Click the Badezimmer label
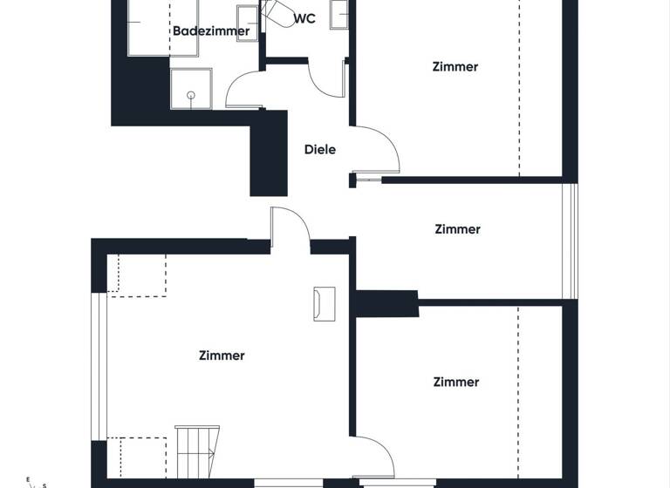pyautogui.click(x=211, y=31)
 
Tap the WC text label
pyautogui.click(x=304, y=18)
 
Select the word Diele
pyautogui.click(x=320, y=149)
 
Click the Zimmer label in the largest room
pyautogui.click(x=222, y=356)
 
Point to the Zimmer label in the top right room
pyautogui.click(x=455, y=66)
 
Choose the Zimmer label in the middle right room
pyautogui.click(x=457, y=229)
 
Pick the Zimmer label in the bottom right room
pyautogui.click(x=456, y=382)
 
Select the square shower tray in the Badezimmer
pyautogui.click(x=190, y=88)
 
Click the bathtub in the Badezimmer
pyautogui.click(x=149, y=26)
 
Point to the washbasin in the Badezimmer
pyautogui.click(x=247, y=22)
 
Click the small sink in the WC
pyautogui.click(x=338, y=14)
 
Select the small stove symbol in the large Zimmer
pyautogui.click(x=325, y=302)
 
